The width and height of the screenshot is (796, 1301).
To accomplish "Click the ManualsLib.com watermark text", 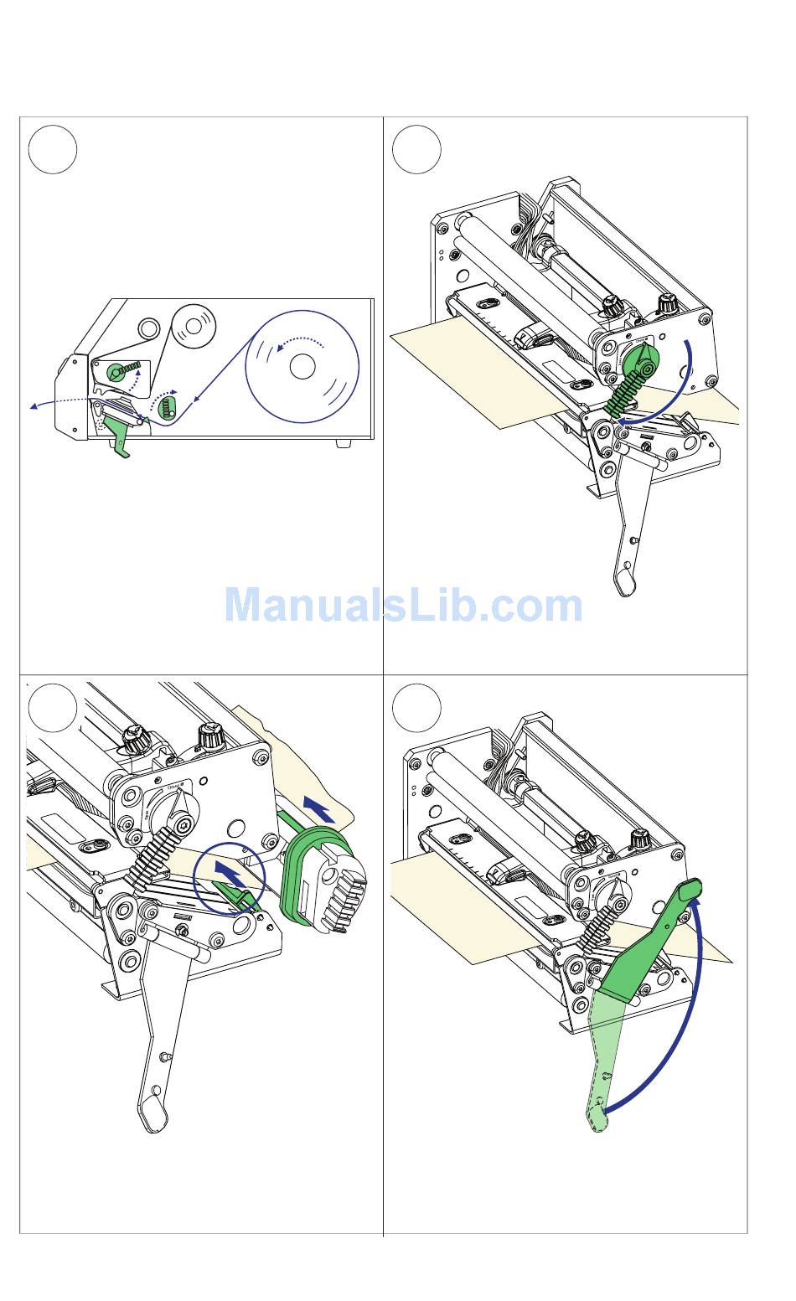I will [403, 606].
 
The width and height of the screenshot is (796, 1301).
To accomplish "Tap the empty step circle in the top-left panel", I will [53, 149].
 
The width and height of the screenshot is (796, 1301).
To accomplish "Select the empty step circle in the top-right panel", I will [416, 149].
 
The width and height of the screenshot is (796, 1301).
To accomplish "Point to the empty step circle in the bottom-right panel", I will [416, 708].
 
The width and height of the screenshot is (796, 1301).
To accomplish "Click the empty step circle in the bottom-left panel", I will [53, 708].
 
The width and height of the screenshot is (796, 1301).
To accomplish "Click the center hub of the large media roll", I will [302, 366].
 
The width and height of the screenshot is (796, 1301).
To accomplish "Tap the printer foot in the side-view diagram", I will [343, 442].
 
